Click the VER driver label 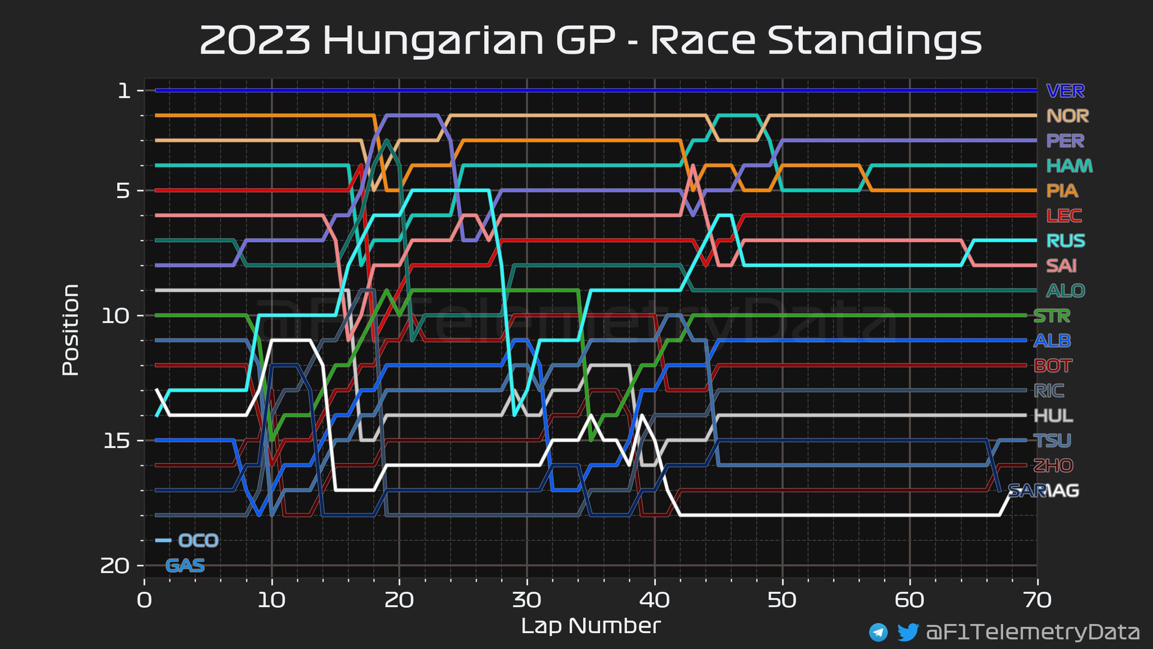tap(1065, 91)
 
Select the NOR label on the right tap(1067, 116)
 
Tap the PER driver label tap(1065, 141)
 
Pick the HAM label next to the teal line tap(1069, 166)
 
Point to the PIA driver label tap(1062, 191)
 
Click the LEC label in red tap(1063, 216)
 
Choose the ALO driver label tap(1065, 291)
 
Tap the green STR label tap(1052, 316)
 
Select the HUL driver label tap(1053, 416)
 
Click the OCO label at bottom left tap(198, 541)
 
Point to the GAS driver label tap(185, 566)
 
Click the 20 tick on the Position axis tap(115, 566)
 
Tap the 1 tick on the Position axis tap(124, 91)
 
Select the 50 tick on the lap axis tap(782, 601)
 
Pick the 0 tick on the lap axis tap(145, 601)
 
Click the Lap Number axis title tap(591, 626)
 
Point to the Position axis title tap(70, 330)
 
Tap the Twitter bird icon tap(908, 632)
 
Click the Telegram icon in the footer tap(878, 632)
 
